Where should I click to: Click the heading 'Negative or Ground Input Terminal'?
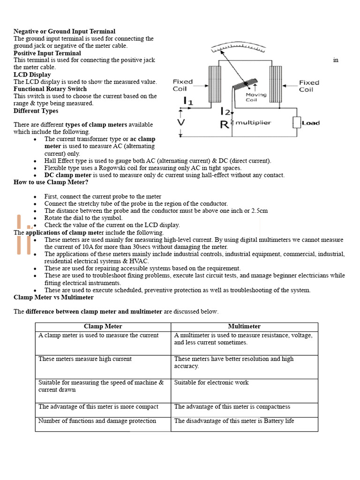click(64, 31)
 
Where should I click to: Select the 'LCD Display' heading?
click(32, 75)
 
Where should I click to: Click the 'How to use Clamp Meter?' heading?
click(51, 182)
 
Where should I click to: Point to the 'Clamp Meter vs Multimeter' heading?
click(53, 297)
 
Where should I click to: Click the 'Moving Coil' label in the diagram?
click(256, 97)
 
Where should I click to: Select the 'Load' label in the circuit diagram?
click(310, 123)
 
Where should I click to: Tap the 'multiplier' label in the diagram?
click(254, 123)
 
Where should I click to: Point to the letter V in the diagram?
click(180, 122)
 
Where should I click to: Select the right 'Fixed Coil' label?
click(309, 86)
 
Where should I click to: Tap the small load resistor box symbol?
click(296, 123)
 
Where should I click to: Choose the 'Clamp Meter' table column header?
click(103, 326)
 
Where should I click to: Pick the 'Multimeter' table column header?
click(244, 326)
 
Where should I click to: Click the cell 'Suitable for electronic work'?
click(211, 382)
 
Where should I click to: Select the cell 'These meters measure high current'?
click(85, 359)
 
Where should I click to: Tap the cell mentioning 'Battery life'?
click(234, 421)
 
